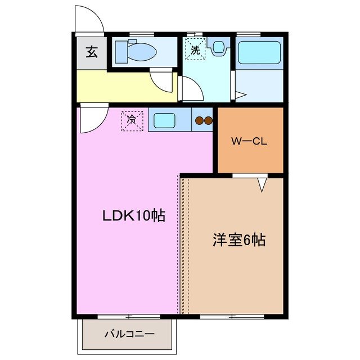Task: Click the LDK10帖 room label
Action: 133,215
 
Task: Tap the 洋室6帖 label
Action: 239,240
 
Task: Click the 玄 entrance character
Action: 91,54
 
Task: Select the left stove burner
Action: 199,120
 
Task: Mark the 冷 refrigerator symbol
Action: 132,120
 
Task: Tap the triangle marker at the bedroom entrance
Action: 262,184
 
